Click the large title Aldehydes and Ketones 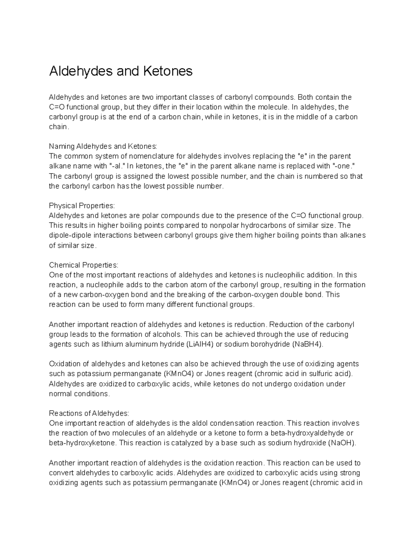point(121,71)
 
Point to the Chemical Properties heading point(84,265)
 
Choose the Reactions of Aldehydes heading point(89,413)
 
